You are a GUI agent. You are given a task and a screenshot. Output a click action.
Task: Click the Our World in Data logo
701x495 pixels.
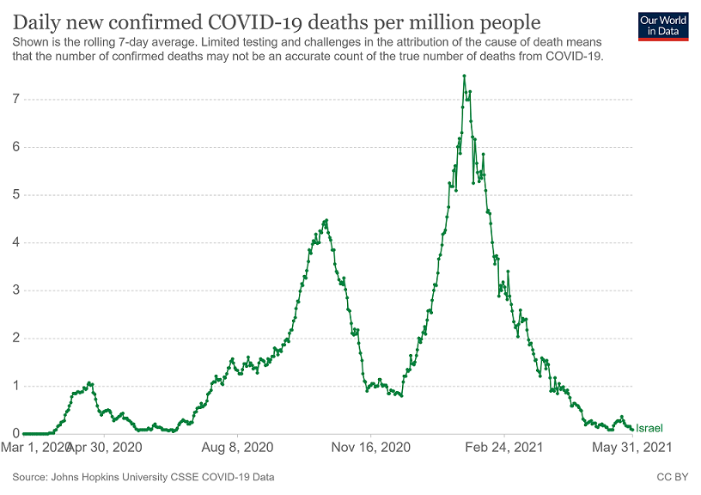click(662, 26)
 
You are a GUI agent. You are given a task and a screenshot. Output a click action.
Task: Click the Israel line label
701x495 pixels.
click(649, 427)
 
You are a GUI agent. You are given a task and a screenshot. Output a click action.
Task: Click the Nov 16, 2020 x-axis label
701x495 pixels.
click(371, 448)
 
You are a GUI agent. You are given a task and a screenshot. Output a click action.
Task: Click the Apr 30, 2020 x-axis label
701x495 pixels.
click(103, 448)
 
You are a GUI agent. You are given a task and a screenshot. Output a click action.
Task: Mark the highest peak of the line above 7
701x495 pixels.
click(464, 76)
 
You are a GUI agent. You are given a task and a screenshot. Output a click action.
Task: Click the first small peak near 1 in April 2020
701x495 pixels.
click(89, 382)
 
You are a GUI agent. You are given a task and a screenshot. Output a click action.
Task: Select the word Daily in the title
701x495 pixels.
click(37, 20)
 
